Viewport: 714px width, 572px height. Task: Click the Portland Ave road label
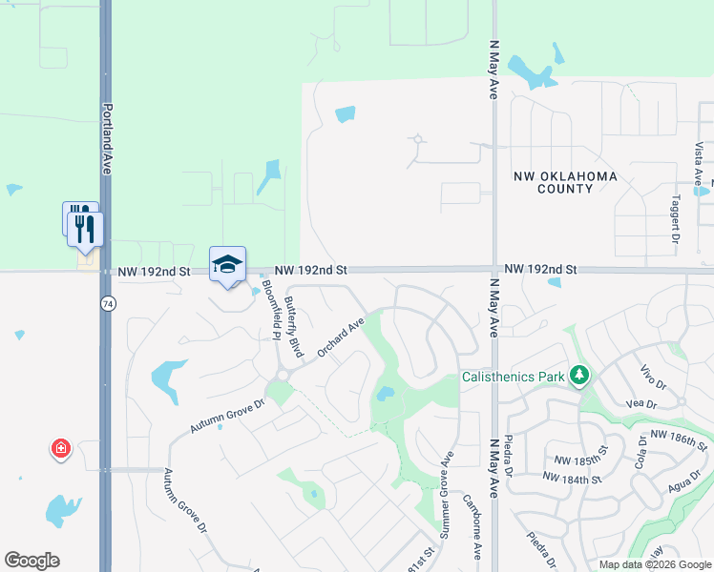pos(107,138)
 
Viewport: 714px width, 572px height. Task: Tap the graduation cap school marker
pos(227,264)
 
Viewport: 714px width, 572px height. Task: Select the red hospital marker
pos(61,447)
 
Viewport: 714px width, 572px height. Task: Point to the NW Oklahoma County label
pos(565,182)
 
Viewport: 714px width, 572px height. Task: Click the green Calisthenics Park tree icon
pos(578,376)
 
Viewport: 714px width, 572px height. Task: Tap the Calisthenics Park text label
pos(514,377)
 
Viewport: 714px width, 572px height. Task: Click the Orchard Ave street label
pos(342,337)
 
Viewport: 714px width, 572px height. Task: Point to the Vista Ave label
pos(699,164)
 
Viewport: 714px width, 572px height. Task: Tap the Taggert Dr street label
pos(675,221)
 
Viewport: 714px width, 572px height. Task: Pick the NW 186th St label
pos(679,439)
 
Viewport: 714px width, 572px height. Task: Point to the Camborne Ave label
pos(471,526)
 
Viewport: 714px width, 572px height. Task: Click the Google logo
pos(31,560)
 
